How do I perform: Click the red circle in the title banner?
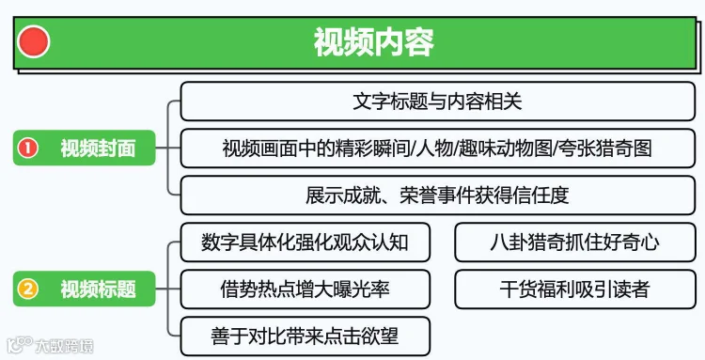pyautogui.click(x=33, y=41)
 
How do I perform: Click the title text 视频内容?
pyautogui.click(x=374, y=41)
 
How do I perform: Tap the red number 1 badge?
pyautogui.click(x=27, y=148)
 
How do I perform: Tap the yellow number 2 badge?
pyautogui.click(x=27, y=289)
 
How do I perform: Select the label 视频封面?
pyautogui.click(x=98, y=149)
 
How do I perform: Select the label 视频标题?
pyautogui.click(x=98, y=289)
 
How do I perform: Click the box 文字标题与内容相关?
pyautogui.click(x=437, y=102)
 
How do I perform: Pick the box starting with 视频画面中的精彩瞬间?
pyautogui.click(x=437, y=149)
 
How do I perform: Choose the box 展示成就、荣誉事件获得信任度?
pyautogui.click(x=437, y=196)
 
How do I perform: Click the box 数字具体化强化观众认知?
pyautogui.click(x=305, y=243)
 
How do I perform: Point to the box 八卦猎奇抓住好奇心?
pyautogui.click(x=575, y=243)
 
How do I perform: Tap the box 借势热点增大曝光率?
pyautogui.click(x=305, y=289)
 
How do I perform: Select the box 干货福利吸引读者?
pyautogui.click(x=575, y=289)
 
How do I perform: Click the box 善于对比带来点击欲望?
pyautogui.click(x=305, y=337)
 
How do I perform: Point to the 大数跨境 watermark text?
pyautogui.click(x=64, y=346)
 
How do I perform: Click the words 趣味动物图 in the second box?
pyautogui.click(x=505, y=149)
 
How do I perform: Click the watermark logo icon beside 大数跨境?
pyautogui.click(x=20, y=345)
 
